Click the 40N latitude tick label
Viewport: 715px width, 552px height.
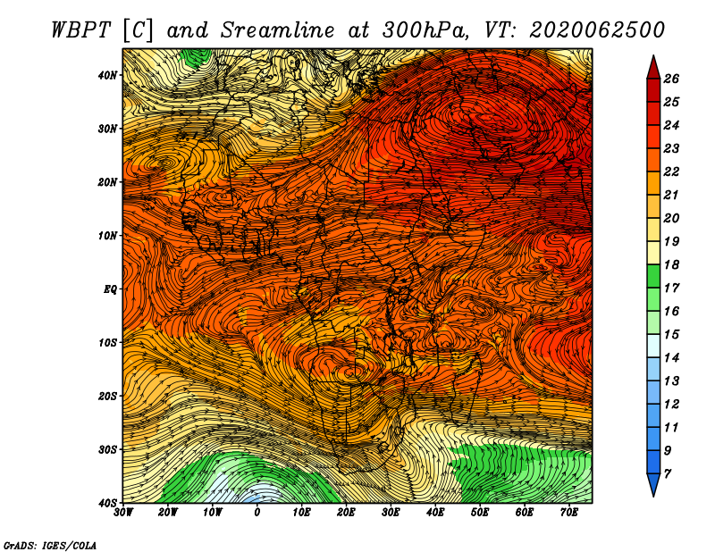[107, 75]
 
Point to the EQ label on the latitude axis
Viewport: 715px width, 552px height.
[110, 289]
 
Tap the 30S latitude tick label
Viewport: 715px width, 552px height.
[107, 450]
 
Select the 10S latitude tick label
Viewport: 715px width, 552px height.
[107, 343]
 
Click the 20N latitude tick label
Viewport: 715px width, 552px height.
[107, 182]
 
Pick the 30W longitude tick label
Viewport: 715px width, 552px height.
[123, 513]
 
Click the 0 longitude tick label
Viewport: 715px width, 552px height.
[257, 513]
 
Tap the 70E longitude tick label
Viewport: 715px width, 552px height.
[569, 513]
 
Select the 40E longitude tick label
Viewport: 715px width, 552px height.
[435, 513]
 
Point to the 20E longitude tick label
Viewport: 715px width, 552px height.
[346, 513]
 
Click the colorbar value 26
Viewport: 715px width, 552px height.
[671, 79]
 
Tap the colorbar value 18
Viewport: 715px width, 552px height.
[671, 264]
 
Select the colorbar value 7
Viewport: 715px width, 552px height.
[668, 474]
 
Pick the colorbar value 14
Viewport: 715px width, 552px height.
[671, 358]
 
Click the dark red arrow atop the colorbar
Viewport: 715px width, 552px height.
[653, 68]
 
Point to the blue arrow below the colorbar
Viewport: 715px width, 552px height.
[653, 485]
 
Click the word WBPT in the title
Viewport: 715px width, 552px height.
[80, 31]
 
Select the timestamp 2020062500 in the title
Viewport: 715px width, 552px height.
[597, 30]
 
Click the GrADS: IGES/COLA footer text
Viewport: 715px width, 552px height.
[50, 546]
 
